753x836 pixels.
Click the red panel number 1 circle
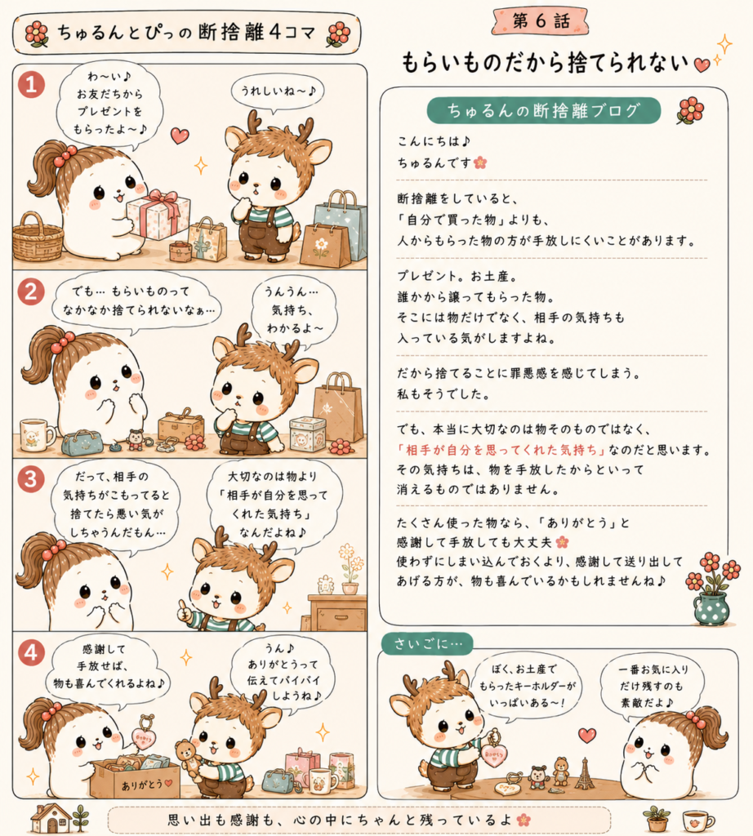pyautogui.click(x=31, y=85)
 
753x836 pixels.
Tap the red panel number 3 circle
pyautogui.click(x=31, y=479)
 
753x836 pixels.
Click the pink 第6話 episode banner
pyautogui.click(x=541, y=21)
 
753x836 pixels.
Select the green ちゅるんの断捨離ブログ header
pyautogui.click(x=543, y=110)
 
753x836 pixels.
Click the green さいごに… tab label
pyautogui.click(x=428, y=643)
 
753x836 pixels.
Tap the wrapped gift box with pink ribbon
pyautogui.click(x=158, y=214)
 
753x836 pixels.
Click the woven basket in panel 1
pyautogui.click(x=38, y=238)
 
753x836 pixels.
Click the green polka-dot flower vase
pyautogui.click(x=711, y=607)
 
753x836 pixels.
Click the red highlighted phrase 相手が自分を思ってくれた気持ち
pyautogui.click(x=501, y=450)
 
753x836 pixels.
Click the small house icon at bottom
pyautogui.click(x=51, y=818)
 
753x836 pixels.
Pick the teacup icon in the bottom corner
pyautogui.click(x=697, y=820)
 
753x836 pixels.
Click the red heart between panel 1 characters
pyautogui.click(x=180, y=136)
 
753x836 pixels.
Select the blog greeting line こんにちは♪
pyautogui.click(x=434, y=141)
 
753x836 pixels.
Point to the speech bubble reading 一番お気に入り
pyautogui.click(x=653, y=687)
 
